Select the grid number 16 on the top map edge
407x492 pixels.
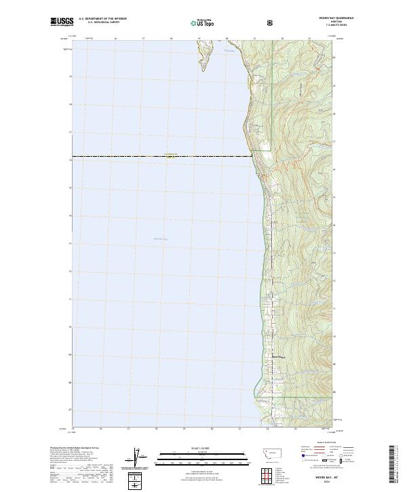click(115, 39)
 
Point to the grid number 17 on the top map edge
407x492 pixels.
click(143, 39)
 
